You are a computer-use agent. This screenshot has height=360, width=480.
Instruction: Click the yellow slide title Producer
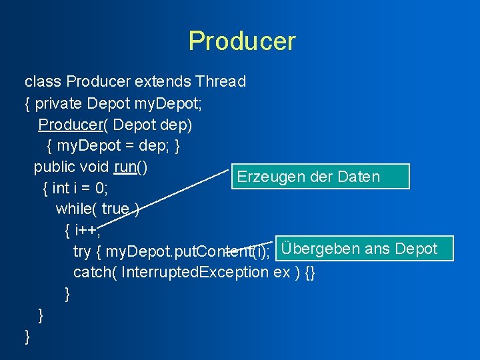tap(241, 41)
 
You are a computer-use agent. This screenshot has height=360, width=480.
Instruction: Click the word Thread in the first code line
tap(220, 82)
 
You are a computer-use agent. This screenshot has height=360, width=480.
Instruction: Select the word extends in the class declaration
tap(163, 82)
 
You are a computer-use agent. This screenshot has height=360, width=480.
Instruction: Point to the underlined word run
tap(125, 167)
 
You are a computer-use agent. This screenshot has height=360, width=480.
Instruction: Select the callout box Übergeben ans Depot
tap(363, 249)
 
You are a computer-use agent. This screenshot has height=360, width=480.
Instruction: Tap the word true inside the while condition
tap(115, 209)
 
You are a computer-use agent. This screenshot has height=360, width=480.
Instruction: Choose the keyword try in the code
tap(82, 251)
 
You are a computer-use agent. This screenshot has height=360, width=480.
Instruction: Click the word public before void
tap(54, 167)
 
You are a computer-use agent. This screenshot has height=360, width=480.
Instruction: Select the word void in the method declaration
tap(94, 167)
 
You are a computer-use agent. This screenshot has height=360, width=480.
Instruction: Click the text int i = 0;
tap(80, 188)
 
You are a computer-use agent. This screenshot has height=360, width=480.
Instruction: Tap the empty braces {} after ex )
tap(309, 273)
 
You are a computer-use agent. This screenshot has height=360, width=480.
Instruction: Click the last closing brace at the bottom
tap(27, 337)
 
